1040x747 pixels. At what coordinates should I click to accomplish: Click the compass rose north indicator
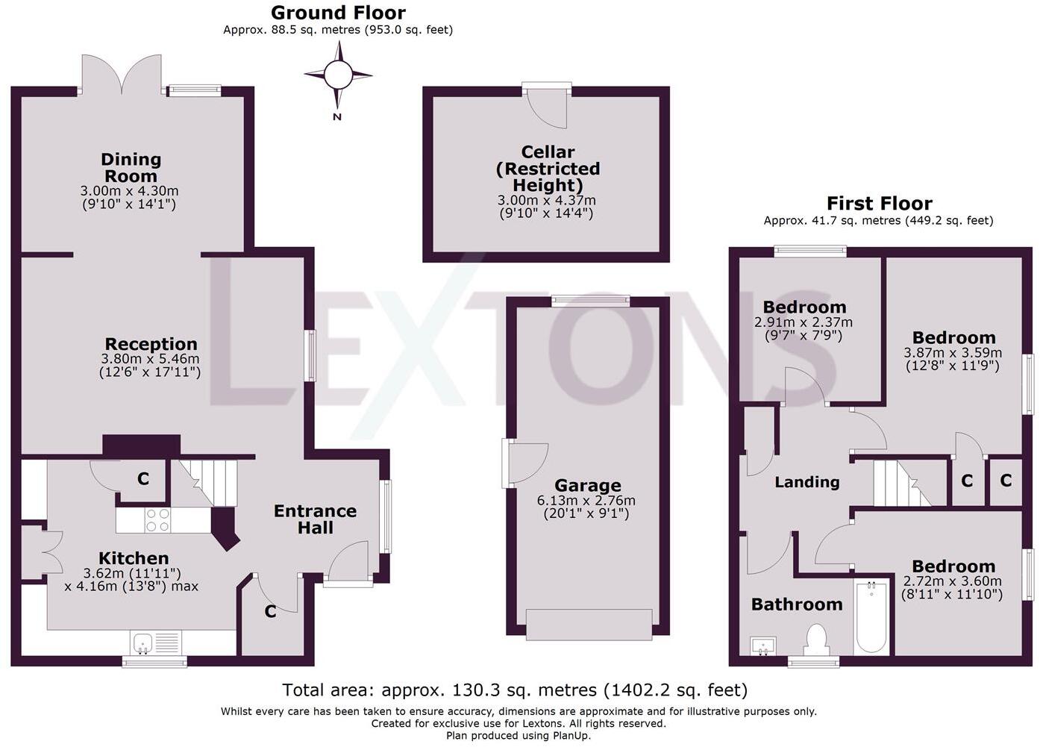338,75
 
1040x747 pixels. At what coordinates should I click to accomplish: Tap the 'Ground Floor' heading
338,13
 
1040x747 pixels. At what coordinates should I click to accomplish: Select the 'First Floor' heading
879,204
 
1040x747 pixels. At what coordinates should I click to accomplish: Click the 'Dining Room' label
131,168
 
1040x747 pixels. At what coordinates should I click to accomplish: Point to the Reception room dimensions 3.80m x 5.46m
150,358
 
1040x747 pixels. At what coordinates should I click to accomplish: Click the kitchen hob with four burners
157,520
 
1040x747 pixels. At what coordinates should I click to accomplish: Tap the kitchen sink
143,642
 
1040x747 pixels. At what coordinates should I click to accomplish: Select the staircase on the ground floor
203,483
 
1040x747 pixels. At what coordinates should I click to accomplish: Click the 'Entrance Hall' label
315,519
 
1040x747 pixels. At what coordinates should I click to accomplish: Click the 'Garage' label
587,486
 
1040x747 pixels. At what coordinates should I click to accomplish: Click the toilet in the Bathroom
816,640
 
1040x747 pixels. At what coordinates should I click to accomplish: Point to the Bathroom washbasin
762,646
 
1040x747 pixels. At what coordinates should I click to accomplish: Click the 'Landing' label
806,482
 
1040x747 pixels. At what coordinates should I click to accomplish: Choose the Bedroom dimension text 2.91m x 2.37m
803,322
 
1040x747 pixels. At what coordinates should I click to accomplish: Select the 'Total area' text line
514,690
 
